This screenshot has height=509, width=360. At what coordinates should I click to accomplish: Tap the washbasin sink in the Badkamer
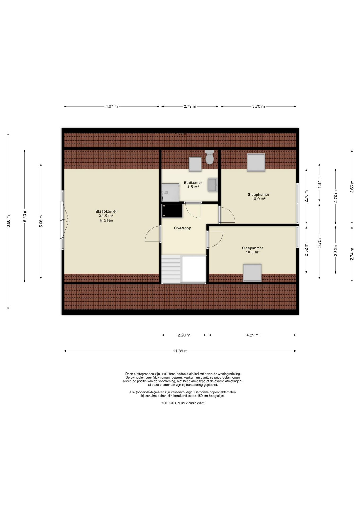[212, 185]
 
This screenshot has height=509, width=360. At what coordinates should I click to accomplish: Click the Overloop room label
[183, 228]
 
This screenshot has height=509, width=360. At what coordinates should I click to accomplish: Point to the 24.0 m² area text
[106, 216]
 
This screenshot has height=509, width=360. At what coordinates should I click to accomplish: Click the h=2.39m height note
[106, 221]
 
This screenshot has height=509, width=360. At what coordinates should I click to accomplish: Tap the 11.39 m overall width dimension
[180, 351]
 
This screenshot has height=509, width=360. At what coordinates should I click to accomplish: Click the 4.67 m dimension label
[112, 106]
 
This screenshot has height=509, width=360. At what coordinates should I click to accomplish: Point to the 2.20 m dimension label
[184, 335]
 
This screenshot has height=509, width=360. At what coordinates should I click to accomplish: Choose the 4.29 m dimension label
[252, 335]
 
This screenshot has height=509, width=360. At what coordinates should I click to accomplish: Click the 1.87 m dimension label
[319, 183]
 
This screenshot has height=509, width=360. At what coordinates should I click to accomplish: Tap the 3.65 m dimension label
[352, 187]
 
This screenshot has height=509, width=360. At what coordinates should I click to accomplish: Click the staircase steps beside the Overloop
[171, 269]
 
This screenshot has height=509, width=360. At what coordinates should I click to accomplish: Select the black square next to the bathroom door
[172, 211]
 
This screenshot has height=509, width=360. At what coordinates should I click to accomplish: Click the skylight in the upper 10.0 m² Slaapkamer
[256, 163]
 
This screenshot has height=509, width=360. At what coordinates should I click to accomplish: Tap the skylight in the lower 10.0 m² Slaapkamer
[252, 273]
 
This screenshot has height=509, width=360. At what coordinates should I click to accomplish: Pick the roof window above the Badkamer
[195, 164]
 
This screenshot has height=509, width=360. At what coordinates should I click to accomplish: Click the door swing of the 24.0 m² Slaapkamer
[152, 234]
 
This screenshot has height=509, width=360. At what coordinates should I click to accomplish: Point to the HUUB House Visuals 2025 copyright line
[183, 403]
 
